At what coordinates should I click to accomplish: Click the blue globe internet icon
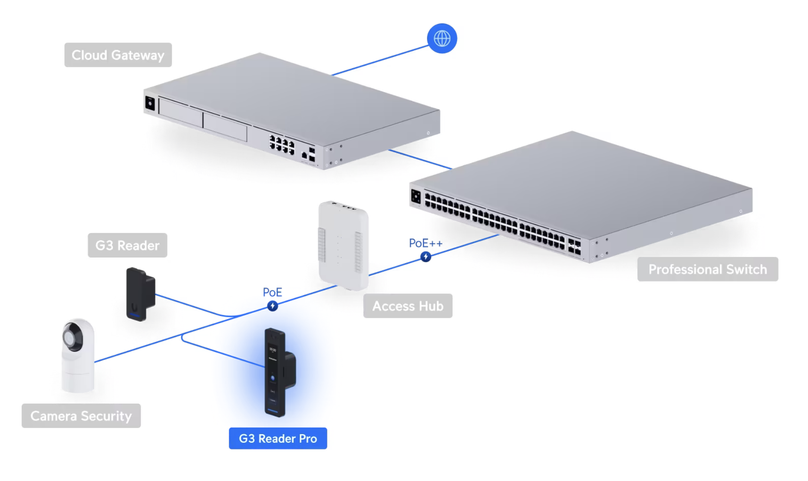(x=442, y=38)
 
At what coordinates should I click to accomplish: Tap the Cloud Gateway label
(x=118, y=55)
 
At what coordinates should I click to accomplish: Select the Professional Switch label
(x=708, y=269)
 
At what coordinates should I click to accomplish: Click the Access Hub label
(x=408, y=306)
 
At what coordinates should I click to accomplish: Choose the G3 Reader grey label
(x=128, y=245)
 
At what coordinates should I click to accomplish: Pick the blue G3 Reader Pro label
(x=278, y=438)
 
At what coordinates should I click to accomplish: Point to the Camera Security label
(x=81, y=416)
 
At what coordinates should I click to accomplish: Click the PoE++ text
(x=425, y=243)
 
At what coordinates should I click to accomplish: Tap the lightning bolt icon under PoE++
(x=425, y=257)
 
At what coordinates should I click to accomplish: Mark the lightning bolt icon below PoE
(x=272, y=306)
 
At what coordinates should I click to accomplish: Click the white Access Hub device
(x=343, y=245)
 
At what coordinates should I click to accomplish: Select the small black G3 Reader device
(x=140, y=294)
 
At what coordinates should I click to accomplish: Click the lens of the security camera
(x=70, y=337)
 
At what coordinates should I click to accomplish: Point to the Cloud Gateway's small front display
(x=150, y=104)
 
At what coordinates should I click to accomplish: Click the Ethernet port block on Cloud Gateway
(x=282, y=145)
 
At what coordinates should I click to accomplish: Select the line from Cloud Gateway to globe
(x=380, y=60)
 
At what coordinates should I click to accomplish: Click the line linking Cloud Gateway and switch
(x=420, y=159)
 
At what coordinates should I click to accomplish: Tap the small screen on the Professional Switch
(x=416, y=197)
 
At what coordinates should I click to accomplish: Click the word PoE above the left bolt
(x=272, y=292)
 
